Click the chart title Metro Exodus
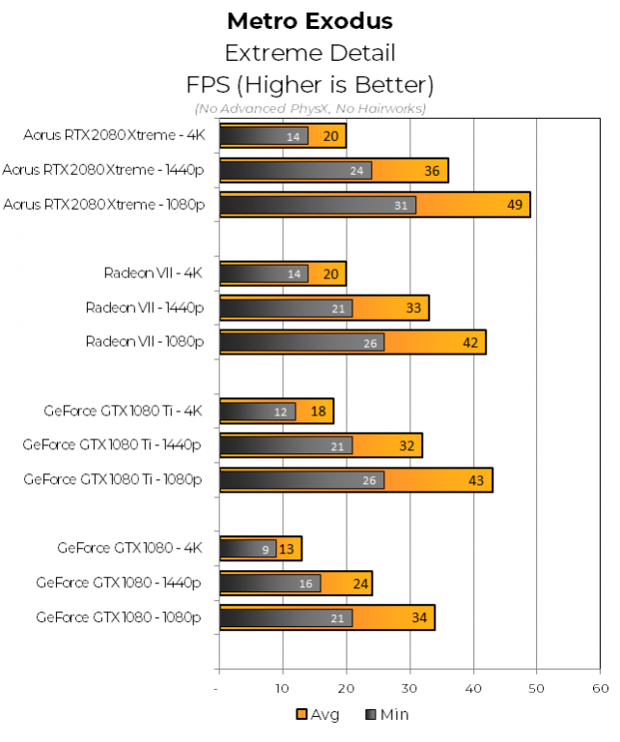(x=310, y=20)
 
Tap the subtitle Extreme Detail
(x=310, y=52)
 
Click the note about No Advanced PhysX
(x=310, y=108)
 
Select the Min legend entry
(x=389, y=715)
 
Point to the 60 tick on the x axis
(x=600, y=688)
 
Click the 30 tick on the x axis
(x=409, y=688)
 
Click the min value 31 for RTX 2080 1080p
(x=400, y=205)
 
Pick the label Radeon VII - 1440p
(x=144, y=308)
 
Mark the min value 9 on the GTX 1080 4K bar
(x=267, y=549)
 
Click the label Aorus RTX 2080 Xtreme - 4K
(x=115, y=136)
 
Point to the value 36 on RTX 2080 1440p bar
(x=431, y=171)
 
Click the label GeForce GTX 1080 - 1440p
(x=119, y=584)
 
